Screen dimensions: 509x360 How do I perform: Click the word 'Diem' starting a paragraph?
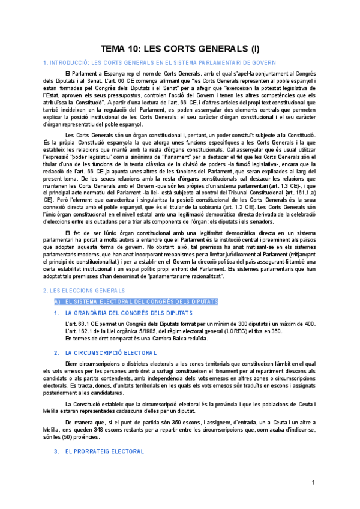71,363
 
